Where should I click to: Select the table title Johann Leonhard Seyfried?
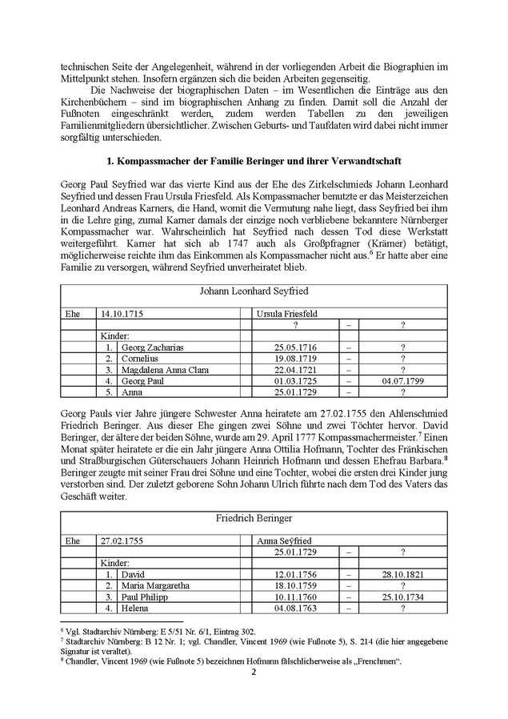(x=254, y=291)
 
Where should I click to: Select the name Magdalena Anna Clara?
(x=166, y=371)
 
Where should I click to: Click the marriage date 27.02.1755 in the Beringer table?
(x=119, y=542)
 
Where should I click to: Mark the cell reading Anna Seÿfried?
(x=283, y=542)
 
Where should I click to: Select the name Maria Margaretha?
(x=154, y=586)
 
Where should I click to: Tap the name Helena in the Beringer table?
(x=134, y=609)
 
